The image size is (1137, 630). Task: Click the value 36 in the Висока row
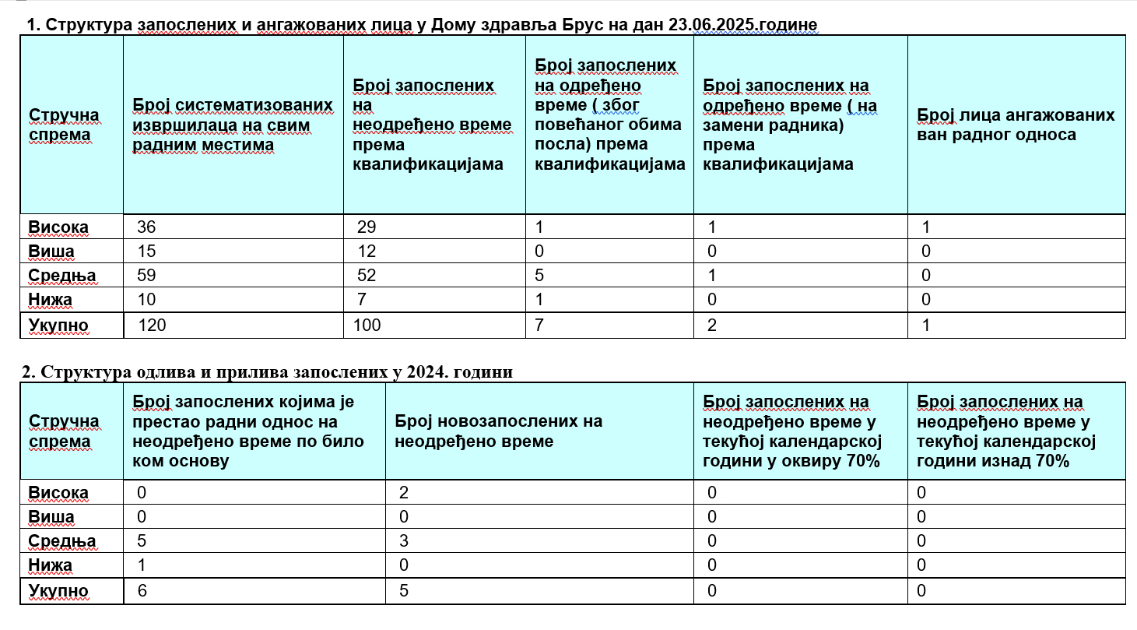tap(146, 227)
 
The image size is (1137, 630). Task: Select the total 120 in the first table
tap(153, 326)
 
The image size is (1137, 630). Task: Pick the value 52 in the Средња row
tap(366, 276)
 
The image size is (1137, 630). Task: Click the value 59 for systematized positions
tap(146, 276)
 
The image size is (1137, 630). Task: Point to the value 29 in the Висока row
tap(366, 227)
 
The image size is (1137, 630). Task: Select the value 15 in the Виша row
tap(146, 252)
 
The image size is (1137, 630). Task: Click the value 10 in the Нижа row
tap(146, 301)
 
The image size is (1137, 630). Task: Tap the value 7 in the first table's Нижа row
tap(362, 301)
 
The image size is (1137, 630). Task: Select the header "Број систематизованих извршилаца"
tap(233, 125)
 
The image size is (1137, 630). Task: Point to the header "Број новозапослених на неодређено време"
tap(498, 431)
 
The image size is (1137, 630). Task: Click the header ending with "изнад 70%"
tap(1005, 431)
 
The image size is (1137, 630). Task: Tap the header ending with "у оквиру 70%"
tap(791, 431)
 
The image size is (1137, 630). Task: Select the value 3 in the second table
tap(399, 541)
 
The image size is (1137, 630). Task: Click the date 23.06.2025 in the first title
tap(709, 25)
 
